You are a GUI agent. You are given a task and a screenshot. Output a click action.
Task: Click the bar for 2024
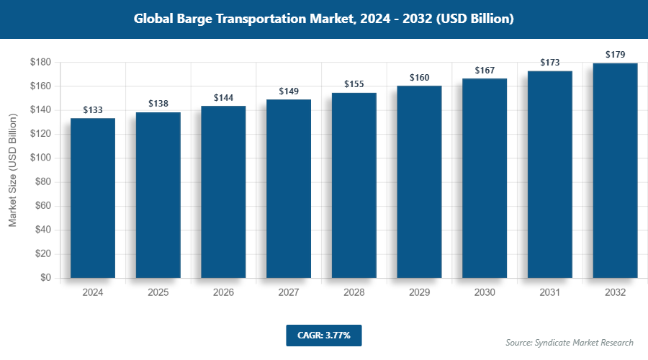pyautogui.click(x=93, y=198)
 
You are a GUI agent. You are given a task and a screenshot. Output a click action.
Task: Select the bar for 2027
pyautogui.click(x=289, y=189)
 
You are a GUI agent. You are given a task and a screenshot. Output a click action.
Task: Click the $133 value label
pyautogui.click(x=93, y=110)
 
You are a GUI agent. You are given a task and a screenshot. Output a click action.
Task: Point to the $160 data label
pyautogui.click(x=419, y=78)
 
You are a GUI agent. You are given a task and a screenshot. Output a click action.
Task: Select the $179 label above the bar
pyautogui.click(x=615, y=55)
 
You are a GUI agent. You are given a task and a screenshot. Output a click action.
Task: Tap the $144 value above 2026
pyautogui.click(x=223, y=97)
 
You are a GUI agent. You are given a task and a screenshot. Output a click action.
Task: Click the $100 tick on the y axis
pyautogui.click(x=40, y=158)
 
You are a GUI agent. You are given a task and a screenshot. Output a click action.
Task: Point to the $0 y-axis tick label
pyautogui.click(x=45, y=278)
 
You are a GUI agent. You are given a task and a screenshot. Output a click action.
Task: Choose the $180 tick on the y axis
pyautogui.click(x=40, y=62)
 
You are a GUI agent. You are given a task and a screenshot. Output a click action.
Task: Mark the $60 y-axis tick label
pyautogui.click(x=42, y=206)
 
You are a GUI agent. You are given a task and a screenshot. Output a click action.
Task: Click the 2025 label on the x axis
pyautogui.click(x=158, y=293)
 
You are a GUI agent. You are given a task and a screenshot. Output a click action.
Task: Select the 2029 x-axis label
pyautogui.click(x=419, y=293)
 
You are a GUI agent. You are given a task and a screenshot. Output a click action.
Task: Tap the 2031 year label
pyautogui.click(x=549, y=293)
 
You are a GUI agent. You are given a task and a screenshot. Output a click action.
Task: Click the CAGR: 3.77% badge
pyautogui.click(x=323, y=335)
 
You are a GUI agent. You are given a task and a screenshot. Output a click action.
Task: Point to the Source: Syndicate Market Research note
pyautogui.click(x=569, y=343)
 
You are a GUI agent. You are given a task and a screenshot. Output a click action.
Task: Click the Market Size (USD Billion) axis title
pyautogui.click(x=12, y=170)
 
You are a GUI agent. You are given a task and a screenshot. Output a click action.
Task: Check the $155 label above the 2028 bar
pyautogui.click(x=354, y=84)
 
